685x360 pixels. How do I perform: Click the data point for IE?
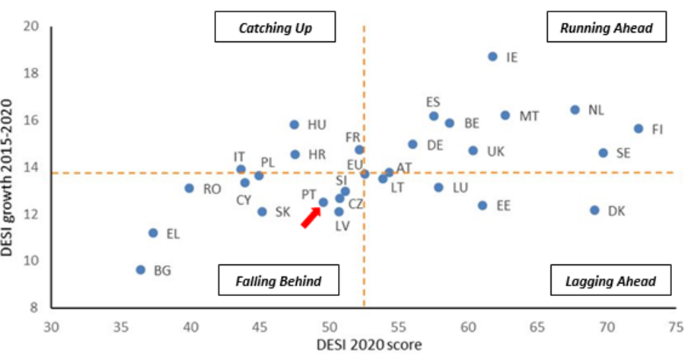(x=492, y=56)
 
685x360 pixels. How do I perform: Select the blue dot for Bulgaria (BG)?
(x=140, y=269)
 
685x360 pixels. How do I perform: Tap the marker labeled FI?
(x=639, y=129)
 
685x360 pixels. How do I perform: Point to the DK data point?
(x=594, y=210)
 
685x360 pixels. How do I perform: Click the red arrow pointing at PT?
(x=309, y=218)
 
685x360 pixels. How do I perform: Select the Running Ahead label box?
(x=606, y=29)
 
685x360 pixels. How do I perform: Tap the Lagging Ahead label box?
(x=610, y=281)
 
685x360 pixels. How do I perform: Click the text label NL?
(x=596, y=110)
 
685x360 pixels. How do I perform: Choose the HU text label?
(x=317, y=125)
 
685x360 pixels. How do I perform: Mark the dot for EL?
(x=153, y=233)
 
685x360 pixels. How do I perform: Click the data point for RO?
(x=190, y=188)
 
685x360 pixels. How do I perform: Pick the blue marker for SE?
(x=603, y=153)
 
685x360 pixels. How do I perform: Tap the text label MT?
(x=529, y=116)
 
